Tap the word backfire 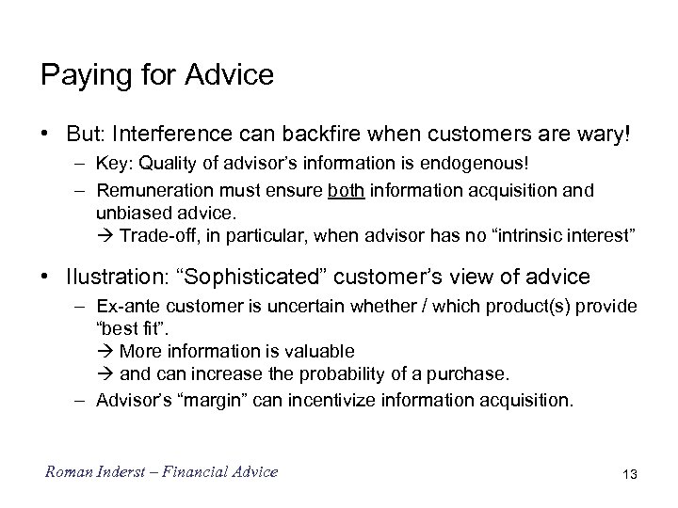[x=332, y=135]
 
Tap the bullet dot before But [x=45, y=135]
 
